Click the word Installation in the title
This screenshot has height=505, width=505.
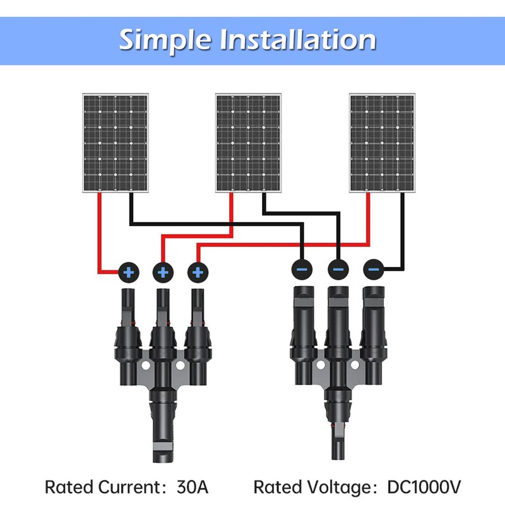[x=297, y=39]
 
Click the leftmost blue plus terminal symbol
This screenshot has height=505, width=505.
[x=129, y=273]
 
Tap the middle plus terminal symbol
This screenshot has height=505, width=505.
[x=163, y=273]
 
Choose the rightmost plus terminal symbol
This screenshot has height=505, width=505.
[x=198, y=273]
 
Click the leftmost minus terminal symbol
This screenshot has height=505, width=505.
[x=302, y=270]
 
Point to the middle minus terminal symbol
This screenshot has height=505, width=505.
[x=338, y=270]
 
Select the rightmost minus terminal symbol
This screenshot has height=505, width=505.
[x=373, y=270]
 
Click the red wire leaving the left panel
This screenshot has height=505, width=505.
[x=99, y=234]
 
